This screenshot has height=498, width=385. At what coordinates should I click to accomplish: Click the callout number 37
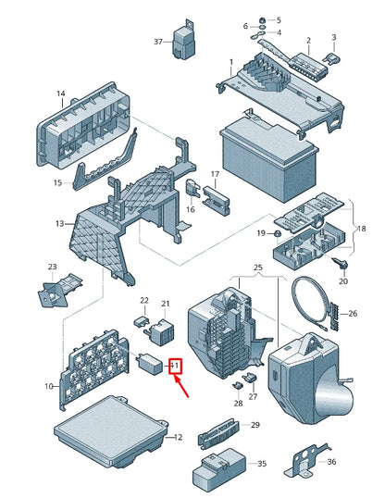158,42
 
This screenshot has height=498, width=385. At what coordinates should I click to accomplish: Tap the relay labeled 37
184,40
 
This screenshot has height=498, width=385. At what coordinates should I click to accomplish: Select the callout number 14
61,93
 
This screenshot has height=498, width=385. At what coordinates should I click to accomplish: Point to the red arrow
181,386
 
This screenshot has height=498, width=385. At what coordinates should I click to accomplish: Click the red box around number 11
175,367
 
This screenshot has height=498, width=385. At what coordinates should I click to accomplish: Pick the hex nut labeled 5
263,20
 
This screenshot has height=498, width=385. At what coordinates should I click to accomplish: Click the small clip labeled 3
331,58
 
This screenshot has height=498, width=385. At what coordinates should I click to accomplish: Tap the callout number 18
361,229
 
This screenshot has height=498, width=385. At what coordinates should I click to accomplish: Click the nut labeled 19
278,234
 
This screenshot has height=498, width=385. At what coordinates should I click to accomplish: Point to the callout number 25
258,268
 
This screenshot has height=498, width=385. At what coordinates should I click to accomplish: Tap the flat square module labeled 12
111,431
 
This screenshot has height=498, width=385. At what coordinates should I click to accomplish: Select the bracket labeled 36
307,461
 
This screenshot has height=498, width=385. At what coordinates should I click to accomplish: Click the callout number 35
262,464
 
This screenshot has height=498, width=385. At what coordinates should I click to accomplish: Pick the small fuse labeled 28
238,386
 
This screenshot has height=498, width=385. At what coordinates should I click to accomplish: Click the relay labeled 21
161,331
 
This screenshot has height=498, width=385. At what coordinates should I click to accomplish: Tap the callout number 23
53,267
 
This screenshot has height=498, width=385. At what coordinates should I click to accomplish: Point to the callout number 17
215,174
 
